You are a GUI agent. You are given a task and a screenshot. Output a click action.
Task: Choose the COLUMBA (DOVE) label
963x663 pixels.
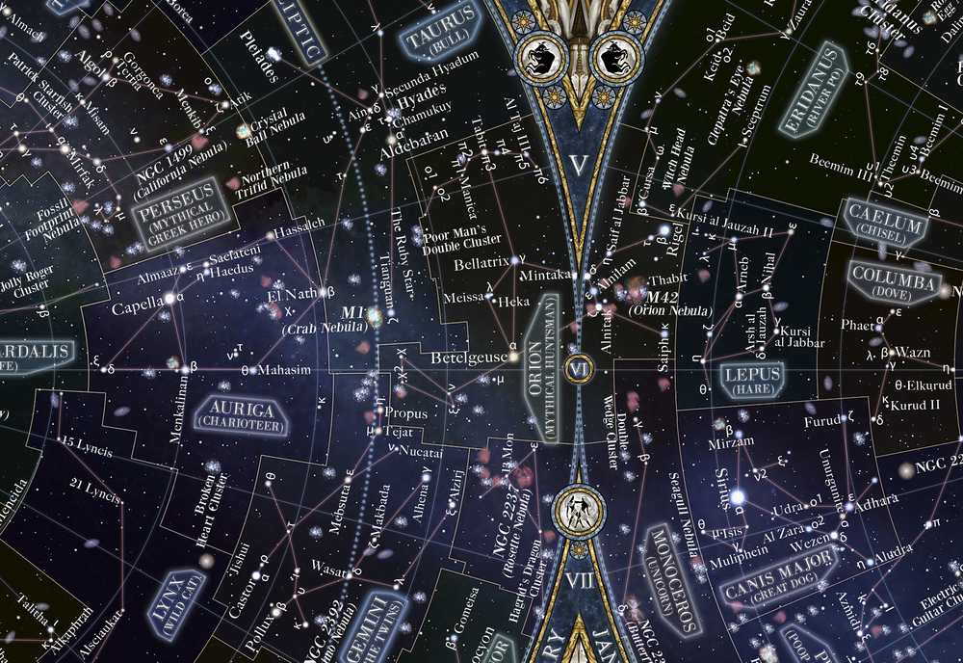894,284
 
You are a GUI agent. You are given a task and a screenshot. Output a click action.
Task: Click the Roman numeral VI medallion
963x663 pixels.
579,368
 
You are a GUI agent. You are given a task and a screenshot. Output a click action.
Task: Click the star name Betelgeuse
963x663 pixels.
469,358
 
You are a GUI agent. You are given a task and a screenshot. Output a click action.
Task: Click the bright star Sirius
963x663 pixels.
737,496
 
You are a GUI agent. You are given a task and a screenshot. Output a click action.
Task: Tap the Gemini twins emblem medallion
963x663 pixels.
579,508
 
